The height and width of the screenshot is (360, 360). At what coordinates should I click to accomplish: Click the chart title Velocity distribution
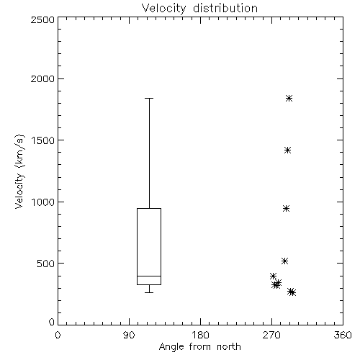pyautogui.click(x=199, y=8)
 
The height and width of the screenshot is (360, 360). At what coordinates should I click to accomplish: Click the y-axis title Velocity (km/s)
pyautogui.click(x=19, y=171)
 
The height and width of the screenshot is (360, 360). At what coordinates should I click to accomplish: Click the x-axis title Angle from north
pyautogui.click(x=199, y=347)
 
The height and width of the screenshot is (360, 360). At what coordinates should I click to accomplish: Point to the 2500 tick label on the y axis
pyautogui.click(x=42, y=19)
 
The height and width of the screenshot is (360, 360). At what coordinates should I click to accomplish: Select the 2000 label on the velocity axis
pyautogui.click(x=42, y=78)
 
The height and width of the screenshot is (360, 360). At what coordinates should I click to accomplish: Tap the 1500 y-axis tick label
pyautogui.click(x=43, y=140)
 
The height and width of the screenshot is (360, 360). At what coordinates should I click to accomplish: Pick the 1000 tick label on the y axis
pyautogui.click(x=43, y=202)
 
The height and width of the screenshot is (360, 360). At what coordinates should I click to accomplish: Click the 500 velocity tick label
pyautogui.click(x=46, y=264)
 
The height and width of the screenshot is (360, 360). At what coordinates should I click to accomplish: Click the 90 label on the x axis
pyautogui.click(x=129, y=335)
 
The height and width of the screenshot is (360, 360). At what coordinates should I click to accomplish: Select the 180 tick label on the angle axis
pyautogui.click(x=200, y=335)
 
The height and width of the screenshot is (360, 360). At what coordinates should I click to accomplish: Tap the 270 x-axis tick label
pyautogui.click(x=271, y=335)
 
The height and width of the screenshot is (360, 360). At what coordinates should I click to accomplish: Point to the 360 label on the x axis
pyautogui.click(x=343, y=335)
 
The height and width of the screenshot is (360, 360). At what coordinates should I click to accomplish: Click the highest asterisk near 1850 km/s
pyautogui.click(x=289, y=98)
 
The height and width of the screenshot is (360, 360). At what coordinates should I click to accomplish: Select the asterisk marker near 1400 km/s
pyautogui.click(x=288, y=150)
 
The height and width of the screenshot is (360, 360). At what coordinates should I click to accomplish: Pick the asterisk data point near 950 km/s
pyautogui.click(x=286, y=208)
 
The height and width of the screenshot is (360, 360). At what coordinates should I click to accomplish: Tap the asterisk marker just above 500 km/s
pyautogui.click(x=284, y=261)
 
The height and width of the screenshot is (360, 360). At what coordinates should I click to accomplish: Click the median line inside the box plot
pyautogui.click(x=149, y=276)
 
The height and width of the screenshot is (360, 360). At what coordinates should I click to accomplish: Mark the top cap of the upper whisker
pyautogui.click(x=149, y=98)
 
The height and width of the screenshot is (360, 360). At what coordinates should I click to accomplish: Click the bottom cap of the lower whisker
pyautogui.click(x=149, y=292)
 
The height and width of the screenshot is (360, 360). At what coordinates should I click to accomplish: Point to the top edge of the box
pyautogui.click(x=149, y=208)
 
